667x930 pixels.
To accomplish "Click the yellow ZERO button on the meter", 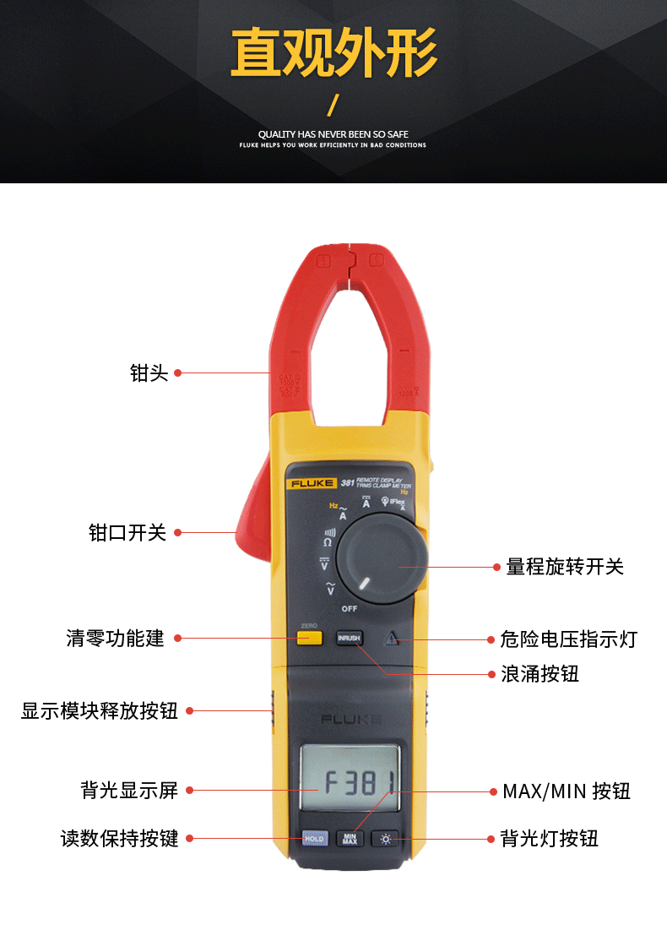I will pyautogui.click(x=310, y=638).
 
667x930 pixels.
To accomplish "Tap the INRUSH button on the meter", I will pyautogui.click(x=349, y=639).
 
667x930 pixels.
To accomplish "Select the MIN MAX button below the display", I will pyautogui.click(x=350, y=839).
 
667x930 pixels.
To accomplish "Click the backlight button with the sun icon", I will pyautogui.click(x=386, y=839).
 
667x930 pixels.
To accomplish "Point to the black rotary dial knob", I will pyautogui.click(x=381, y=560).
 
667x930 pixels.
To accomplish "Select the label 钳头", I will pyautogui.click(x=149, y=373).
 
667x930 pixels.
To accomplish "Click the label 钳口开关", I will pyautogui.click(x=127, y=532).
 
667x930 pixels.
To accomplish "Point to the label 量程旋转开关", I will pyautogui.click(x=565, y=567).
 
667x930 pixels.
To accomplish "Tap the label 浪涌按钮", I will pyautogui.click(x=540, y=674).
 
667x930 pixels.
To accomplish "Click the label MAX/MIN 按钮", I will pyautogui.click(x=567, y=791).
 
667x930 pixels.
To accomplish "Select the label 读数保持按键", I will pyautogui.click(x=119, y=839).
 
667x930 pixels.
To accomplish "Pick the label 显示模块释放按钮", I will pyautogui.click(x=100, y=710).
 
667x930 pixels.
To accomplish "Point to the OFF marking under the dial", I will pyautogui.click(x=350, y=608).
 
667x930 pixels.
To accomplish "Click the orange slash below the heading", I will pyautogui.click(x=333, y=106).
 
